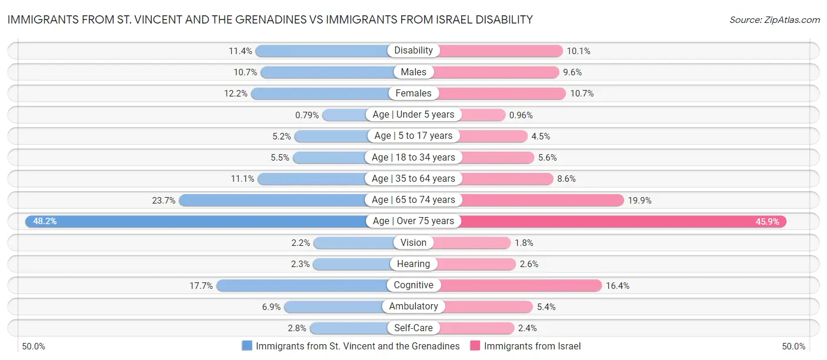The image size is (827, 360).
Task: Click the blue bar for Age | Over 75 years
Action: [x=194, y=221]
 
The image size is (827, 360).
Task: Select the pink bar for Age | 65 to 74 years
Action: [x=541, y=200]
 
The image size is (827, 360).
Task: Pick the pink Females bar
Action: [x=500, y=94]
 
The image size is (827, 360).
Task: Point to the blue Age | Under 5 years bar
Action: [x=344, y=115]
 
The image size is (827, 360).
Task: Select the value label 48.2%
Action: [x=45, y=221]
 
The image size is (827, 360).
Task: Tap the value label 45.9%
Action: [x=768, y=221]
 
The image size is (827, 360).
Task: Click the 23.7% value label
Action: [x=164, y=200]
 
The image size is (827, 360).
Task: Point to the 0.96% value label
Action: [x=521, y=115]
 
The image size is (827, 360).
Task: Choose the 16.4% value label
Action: [x=618, y=285]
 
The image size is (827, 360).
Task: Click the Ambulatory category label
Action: [x=413, y=306]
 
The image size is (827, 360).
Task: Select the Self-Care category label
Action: [x=413, y=328]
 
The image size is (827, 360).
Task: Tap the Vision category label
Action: [x=413, y=242]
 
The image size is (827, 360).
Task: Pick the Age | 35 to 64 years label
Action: [x=413, y=178]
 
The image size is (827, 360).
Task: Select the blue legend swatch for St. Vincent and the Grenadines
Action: [x=247, y=346]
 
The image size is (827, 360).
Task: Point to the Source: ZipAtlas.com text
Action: [x=774, y=19]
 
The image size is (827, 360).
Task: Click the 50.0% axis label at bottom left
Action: [x=33, y=346]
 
